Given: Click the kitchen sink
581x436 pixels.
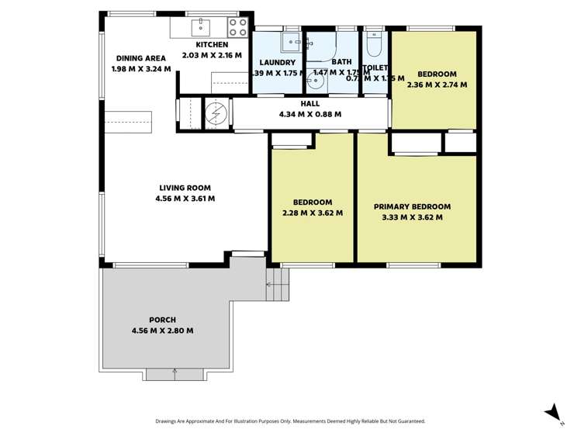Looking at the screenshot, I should (200, 27).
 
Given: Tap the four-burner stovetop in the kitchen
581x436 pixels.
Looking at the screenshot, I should (237, 27).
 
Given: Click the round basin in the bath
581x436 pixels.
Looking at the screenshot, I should (315, 80).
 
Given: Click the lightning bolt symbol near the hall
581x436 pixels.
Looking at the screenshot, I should (216, 114).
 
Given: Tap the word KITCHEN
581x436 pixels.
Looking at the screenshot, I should (212, 45).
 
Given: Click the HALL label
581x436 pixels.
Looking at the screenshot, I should (310, 103).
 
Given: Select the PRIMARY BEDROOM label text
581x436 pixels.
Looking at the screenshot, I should (412, 207).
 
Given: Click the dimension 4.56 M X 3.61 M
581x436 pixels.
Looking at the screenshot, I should (185, 199).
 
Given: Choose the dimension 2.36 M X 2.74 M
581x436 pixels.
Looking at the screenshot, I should (437, 85).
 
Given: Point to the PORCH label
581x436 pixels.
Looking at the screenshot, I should (163, 320).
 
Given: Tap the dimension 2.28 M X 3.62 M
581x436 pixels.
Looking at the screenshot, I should (313, 213).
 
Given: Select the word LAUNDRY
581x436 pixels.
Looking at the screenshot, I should (278, 63).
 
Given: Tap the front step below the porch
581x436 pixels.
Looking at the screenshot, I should (175, 375).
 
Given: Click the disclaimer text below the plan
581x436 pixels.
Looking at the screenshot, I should (290, 421).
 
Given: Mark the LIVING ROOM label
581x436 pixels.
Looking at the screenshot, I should (185, 188).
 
